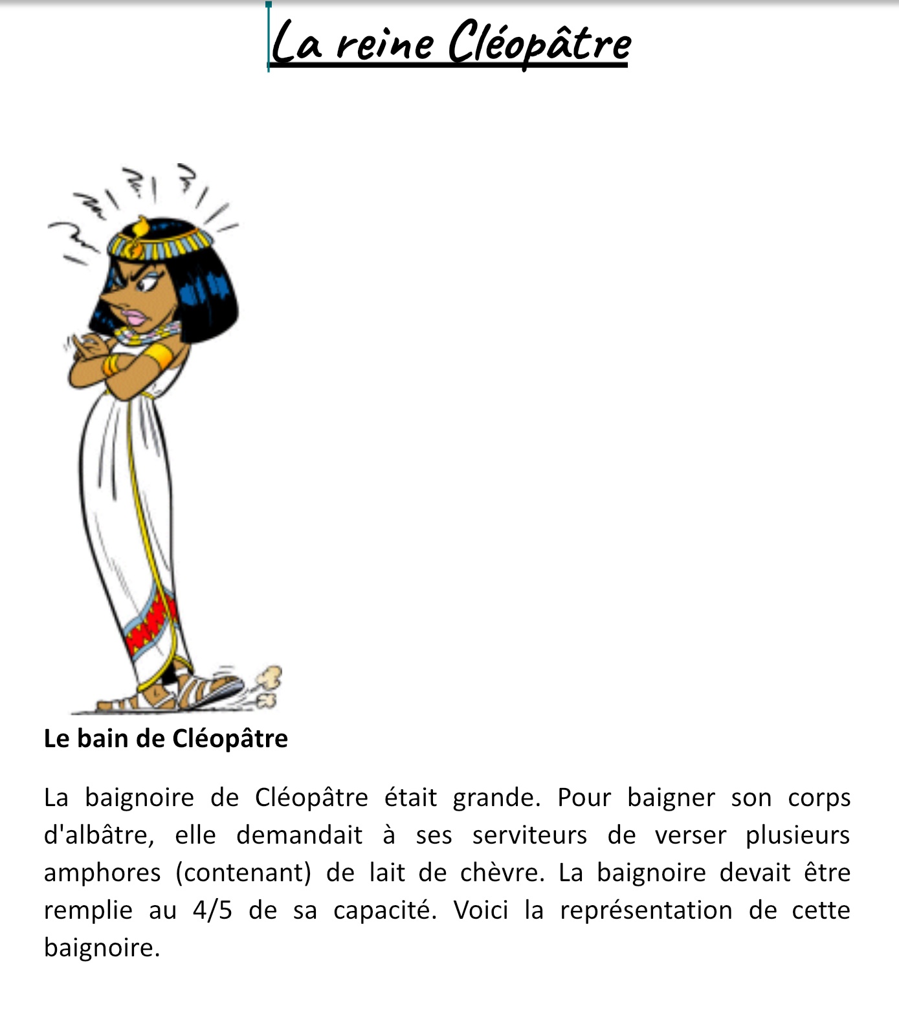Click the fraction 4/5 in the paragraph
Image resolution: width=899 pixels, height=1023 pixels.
click(x=212, y=910)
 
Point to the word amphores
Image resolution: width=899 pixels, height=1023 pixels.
click(x=102, y=873)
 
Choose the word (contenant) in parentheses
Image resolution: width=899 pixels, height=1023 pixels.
click(x=243, y=873)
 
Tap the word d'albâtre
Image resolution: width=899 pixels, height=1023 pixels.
click(x=98, y=835)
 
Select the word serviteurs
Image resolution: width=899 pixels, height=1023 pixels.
click(x=529, y=835)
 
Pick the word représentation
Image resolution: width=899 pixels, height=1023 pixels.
click(x=646, y=910)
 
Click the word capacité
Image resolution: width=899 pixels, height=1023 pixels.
click(x=384, y=911)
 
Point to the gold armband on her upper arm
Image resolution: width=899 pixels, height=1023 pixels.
click(x=159, y=356)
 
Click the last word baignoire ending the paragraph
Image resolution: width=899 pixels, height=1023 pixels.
click(x=101, y=949)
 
